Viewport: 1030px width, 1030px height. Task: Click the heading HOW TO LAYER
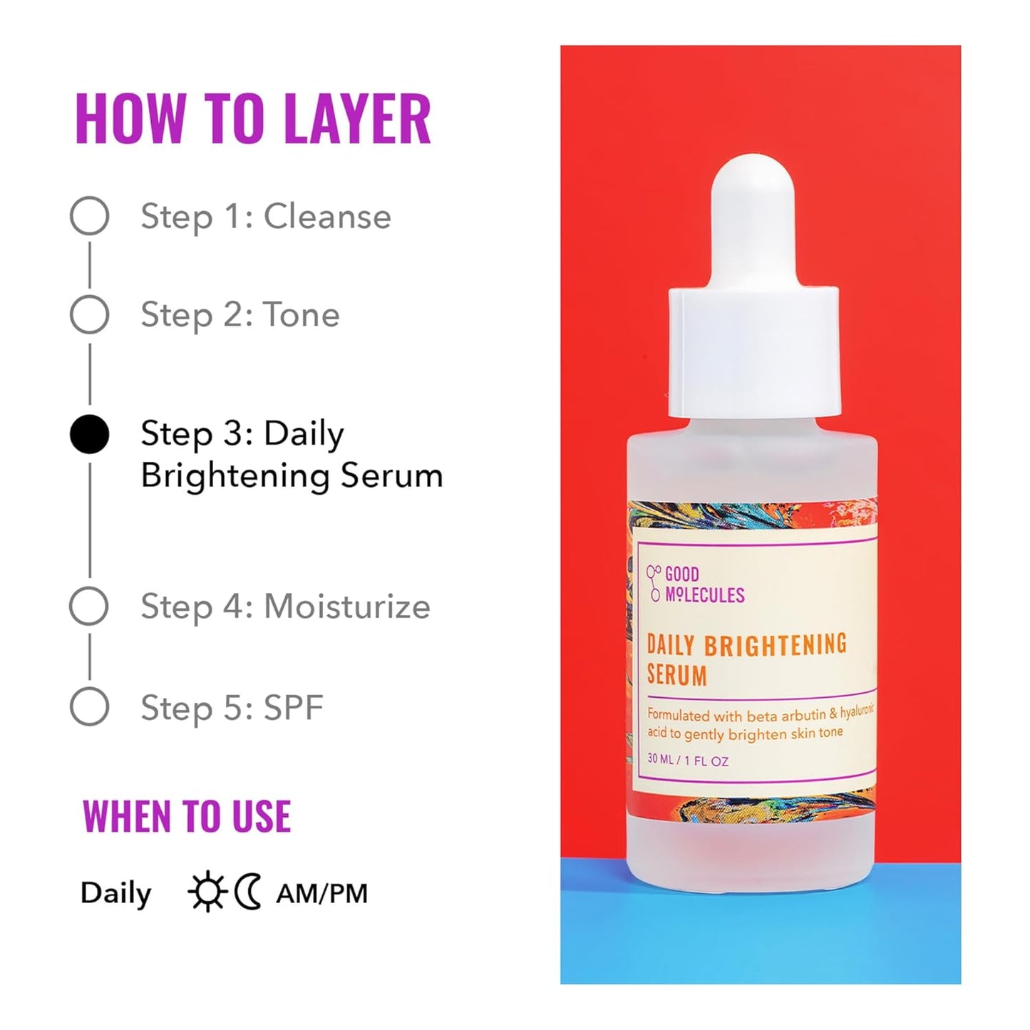pos(253,119)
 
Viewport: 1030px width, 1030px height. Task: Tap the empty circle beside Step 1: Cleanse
pos(90,216)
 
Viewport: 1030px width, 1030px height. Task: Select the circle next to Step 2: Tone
pos(90,314)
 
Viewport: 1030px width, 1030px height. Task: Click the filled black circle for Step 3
pos(90,434)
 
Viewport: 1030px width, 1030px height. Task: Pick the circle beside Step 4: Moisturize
pos(89,607)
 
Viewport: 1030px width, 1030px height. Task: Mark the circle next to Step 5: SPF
pos(90,707)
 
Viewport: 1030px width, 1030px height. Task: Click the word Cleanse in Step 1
pos(327,216)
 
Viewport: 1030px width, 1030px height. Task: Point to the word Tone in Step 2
pos(302,314)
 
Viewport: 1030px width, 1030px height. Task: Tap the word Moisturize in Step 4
pos(347,607)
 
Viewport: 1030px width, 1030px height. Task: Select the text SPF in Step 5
pos(294,708)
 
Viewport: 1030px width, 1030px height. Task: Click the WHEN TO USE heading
pos(187,817)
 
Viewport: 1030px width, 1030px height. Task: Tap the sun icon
pos(207,893)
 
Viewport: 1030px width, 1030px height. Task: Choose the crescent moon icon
pos(248,892)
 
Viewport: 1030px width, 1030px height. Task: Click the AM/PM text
pos(322,893)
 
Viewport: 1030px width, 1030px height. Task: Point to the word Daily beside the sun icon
pos(115,893)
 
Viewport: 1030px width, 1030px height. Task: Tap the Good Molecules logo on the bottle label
pos(695,584)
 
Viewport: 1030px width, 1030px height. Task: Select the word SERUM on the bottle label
pos(676,675)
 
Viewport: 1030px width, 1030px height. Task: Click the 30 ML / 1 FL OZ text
pos(688,761)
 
